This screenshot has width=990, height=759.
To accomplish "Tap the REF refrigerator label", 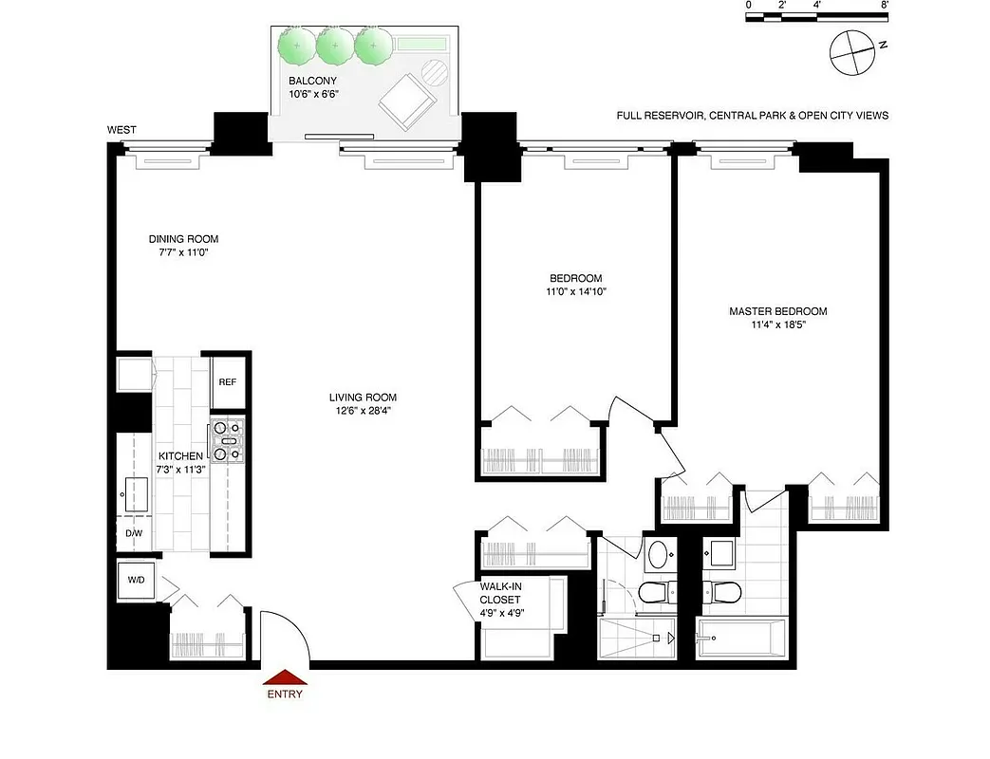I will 227,381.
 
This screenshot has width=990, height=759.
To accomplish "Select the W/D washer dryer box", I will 131,580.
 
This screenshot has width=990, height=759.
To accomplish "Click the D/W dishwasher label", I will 134,533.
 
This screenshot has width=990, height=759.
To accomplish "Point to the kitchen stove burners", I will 228,441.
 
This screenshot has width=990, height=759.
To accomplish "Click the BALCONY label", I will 313,82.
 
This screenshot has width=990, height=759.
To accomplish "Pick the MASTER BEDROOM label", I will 777,311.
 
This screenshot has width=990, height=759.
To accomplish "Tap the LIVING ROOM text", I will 363,398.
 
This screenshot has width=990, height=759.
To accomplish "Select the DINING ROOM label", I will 183,239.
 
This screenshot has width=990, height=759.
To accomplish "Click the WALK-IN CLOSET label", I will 500,593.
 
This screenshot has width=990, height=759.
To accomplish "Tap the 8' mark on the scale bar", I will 884,6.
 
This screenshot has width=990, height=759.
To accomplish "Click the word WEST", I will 121,130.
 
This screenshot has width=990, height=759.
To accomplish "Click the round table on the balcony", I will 434,72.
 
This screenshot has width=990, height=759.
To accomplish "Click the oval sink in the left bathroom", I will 658,555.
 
